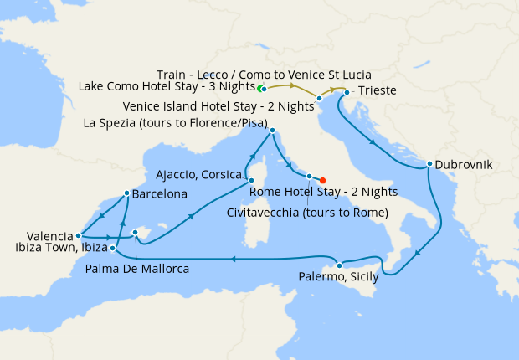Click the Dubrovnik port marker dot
[429, 164]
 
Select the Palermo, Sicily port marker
[339, 265]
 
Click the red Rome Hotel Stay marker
[323, 179]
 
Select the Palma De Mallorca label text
[137, 269]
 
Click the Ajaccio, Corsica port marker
[249, 179]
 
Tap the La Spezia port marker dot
[273, 130]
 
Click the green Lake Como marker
[260, 88]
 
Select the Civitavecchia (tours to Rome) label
[307, 213]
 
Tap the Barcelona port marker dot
[126, 193]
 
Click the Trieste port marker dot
[347, 91]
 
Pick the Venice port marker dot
[320, 99]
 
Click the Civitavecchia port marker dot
[309, 177]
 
